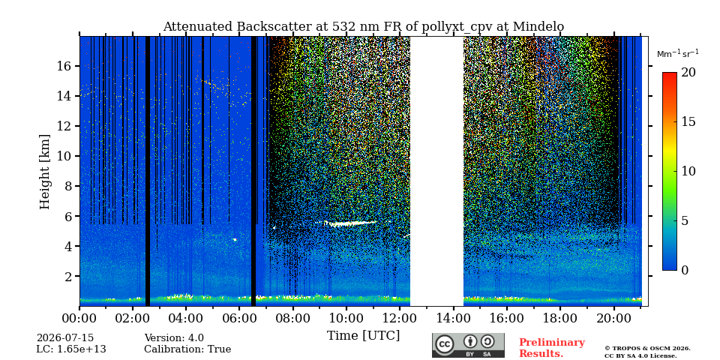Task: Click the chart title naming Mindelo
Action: point(363,27)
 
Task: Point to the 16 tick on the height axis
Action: point(64,66)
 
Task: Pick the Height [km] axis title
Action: point(44,172)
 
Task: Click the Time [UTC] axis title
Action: point(363,336)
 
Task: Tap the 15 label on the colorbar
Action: point(688,122)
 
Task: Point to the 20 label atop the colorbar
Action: point(688,73)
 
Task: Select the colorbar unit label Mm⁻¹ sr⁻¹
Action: point(678,54)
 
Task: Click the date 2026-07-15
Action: point(65,338)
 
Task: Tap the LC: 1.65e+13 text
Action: point(71,349)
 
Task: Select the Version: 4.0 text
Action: point(174,338)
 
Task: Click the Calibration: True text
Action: point(187,349)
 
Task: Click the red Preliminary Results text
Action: point(552,348)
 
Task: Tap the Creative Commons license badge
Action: point(468,345)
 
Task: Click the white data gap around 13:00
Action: point(436,171)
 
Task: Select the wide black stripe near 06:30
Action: point(253,171)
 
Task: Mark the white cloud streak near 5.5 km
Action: point(349,223)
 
